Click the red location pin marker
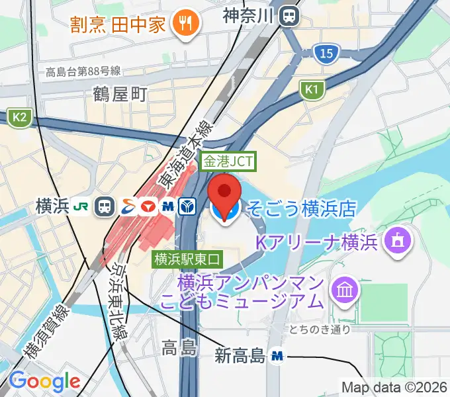(x=225, y=191)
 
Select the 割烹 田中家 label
(x=129, y=25)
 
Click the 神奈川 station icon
(x=290, y=16)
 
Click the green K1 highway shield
(x=312, y=89)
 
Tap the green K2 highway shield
(x=19, y=117)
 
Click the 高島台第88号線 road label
(x=83, y=71)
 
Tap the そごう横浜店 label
(x=301, y=210)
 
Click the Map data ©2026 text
(x=394, y=386)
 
